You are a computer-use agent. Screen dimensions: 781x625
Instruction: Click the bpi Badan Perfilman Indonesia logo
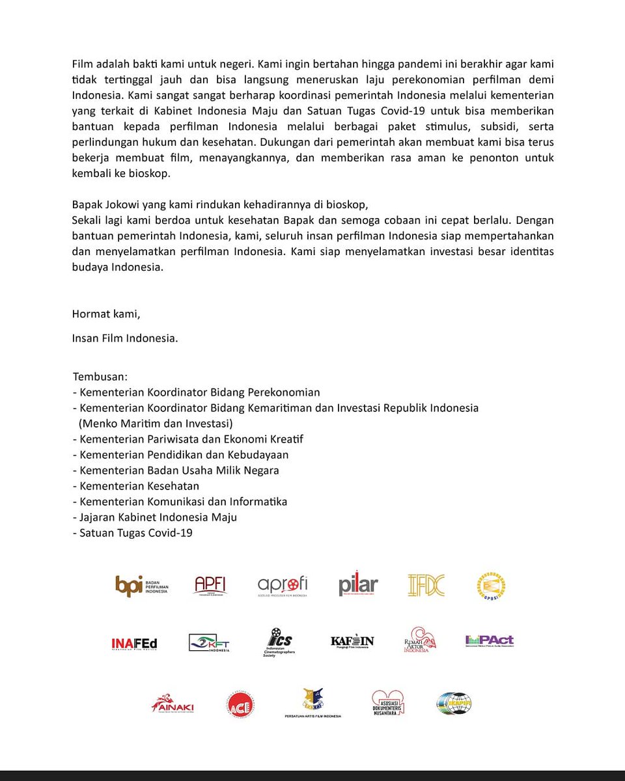141,586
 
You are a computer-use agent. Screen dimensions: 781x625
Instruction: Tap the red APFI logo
211,586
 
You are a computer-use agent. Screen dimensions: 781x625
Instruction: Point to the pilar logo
358,584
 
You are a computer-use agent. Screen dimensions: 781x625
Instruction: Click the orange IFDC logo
426,586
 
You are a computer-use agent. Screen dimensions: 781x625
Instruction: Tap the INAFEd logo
134,644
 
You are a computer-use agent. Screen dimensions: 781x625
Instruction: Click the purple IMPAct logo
490,641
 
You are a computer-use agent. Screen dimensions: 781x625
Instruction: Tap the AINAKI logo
173,704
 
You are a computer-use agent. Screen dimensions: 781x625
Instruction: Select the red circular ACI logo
241,704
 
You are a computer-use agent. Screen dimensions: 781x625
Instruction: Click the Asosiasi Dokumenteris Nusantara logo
388,704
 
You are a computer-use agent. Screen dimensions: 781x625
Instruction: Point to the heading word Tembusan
100,377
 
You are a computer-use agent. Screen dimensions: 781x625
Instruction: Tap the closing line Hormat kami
106,314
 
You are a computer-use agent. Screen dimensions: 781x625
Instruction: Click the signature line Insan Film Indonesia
124,338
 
